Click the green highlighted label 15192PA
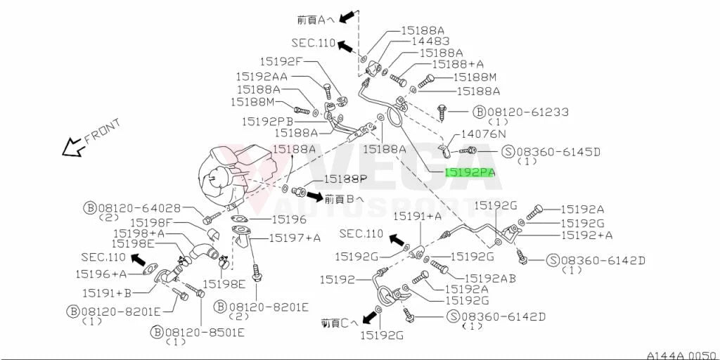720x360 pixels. tap(469, 173)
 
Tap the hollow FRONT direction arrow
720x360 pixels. tap(73, 148)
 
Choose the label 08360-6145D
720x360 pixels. tap(558, 152)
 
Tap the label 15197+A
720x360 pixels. tap(295, 238)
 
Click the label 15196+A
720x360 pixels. tap(101, 274)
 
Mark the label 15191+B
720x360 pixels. tap(107, 292)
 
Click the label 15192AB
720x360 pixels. tap(490, 278)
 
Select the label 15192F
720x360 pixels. tap(280, 61)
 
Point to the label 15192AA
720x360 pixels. tap(262, 77)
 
